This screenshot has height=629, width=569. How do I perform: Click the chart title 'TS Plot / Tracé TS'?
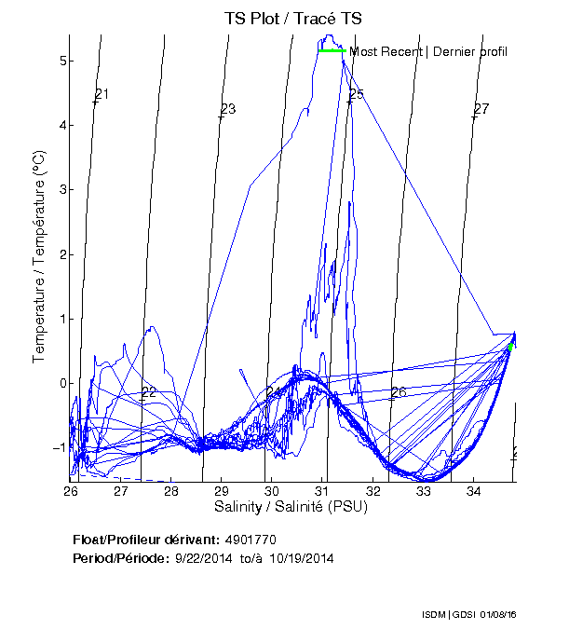click(x=293, y=18)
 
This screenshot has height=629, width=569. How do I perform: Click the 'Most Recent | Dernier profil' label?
click(x=428, y=51)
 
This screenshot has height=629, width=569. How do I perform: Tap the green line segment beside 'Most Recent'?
click(x=332, y=50)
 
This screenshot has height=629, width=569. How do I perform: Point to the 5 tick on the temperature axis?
click(x=60, y=62)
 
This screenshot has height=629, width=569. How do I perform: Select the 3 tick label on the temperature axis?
click(x=60, y=190)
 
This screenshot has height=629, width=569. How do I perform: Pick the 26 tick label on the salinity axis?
click(x=71, y=490)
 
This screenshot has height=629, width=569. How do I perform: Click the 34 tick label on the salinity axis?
click(x=473, y=490)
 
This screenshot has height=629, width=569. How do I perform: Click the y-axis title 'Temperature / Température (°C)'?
click(x=39, y=258)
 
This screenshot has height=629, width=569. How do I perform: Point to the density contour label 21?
click(x=102, y=94)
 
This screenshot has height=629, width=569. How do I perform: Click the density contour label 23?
click(x=228, y=109)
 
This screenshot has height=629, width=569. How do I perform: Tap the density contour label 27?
click(x=481, y=109)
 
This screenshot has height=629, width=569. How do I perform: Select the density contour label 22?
click(x=148, y=392)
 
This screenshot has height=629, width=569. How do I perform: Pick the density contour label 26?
click(x=399, y=392)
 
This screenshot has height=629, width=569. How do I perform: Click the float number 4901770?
click(x=251, y=540)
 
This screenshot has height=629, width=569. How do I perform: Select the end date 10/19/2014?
click(x=302, y=558)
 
